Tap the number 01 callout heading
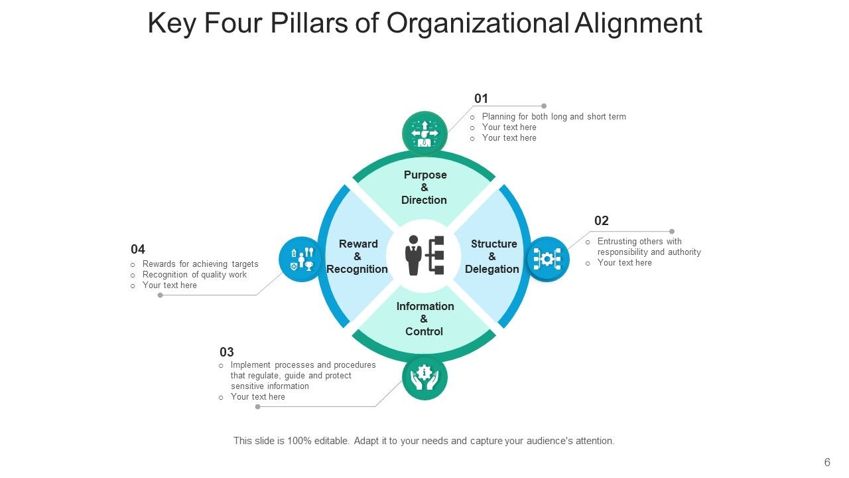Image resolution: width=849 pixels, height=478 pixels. (x=481, y=99)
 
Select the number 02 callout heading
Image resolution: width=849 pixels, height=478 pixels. (x=601, y=221)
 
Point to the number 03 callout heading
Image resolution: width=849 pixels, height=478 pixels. (x=227, y=353)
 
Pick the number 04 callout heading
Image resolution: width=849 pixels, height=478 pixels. (x=138, y=250)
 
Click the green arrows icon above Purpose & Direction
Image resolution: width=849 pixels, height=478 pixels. (x=424, y=133)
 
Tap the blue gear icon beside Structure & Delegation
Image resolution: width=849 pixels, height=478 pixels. (x=547, y=259)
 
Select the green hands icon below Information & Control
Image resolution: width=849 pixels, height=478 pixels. (x=424, y=378)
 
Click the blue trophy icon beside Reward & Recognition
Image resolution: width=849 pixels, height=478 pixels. (x=301, y=259)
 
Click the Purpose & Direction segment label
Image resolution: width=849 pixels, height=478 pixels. (x=424, y=187)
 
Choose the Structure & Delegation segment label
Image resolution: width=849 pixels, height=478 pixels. (x=492, y=256)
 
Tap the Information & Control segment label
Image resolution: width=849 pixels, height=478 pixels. (x=424, y=319)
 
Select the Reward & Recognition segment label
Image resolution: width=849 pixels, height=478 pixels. (x=358, y=256)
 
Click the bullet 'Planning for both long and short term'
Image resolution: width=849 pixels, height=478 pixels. (x=554, y=117)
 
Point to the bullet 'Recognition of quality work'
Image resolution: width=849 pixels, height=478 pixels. (x=194, y=275)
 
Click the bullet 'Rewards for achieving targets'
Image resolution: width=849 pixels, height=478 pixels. (x=200, y=264)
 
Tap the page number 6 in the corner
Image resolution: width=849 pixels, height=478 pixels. (x=827, y=463)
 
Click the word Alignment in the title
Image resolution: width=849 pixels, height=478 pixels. (x=638, y=23)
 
